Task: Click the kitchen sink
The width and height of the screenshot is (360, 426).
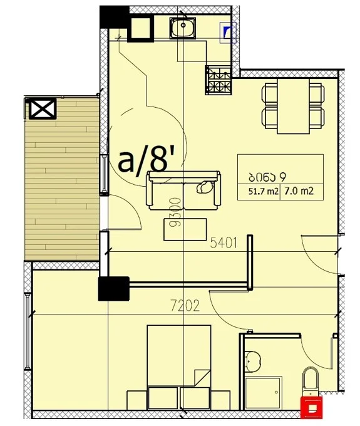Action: coord(183,28)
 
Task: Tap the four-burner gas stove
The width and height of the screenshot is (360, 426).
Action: coord(219,80)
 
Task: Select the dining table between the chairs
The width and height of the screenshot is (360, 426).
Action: coord(293,106)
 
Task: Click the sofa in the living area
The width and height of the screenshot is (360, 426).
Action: coord(183,190)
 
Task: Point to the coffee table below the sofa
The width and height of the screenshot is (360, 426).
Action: coord(185,229)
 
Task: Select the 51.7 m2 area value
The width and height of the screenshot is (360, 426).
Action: coord(264,191)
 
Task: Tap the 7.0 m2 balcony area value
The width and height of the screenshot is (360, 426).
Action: coord(299,191)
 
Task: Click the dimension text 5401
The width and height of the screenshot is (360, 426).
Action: coord(224,242)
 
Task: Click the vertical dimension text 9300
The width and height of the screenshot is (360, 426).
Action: coord(175,212)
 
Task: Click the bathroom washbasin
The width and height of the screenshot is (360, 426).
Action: coord(252,361)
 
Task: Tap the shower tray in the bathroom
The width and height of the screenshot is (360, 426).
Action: coord(264,392)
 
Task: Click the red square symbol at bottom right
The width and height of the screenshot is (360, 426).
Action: coord(311,407)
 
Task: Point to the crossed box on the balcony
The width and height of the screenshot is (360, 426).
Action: coord(43,108)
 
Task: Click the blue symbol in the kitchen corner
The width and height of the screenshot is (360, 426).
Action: coord(227,33)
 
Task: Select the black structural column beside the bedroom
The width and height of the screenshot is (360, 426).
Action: coord(114,289)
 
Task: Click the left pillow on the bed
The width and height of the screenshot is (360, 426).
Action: coord(163,398)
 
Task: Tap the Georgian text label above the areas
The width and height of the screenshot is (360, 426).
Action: coord(267,177)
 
